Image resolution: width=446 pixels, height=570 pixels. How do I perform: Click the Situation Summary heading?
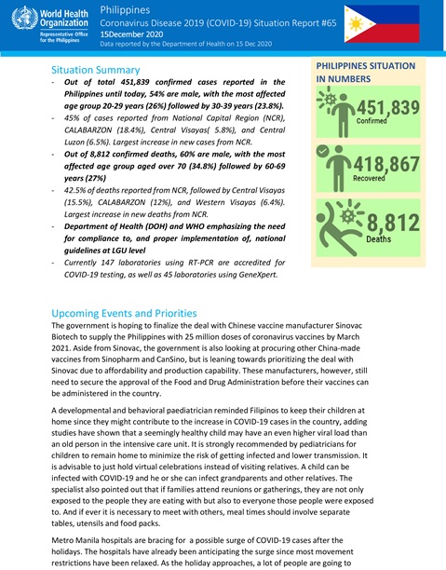[108, 70]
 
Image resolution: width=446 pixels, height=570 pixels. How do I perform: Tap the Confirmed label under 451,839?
[372, 121]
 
